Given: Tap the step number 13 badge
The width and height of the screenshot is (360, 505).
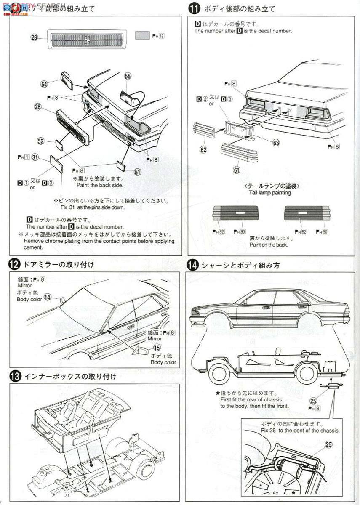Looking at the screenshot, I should [x=15, y=376].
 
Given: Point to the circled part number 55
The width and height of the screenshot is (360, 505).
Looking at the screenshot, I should [x=128, y=76].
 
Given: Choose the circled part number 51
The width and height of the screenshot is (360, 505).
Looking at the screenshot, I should [x=138, y=171].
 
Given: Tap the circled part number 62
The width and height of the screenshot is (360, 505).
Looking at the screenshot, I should [x=203, y=149].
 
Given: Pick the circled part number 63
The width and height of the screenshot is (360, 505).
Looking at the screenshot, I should [x=276, y=143].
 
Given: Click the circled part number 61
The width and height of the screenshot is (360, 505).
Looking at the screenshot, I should [x=236, y=170].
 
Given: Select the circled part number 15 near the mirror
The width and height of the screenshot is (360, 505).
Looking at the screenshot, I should [x=157, y=347].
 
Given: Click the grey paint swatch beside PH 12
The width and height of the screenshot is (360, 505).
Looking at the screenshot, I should [x=142, y=35].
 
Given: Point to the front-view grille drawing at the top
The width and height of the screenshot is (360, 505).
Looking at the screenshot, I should [x=87, y=40].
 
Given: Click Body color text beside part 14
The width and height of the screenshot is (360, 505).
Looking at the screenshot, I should [x=29, y=299].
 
